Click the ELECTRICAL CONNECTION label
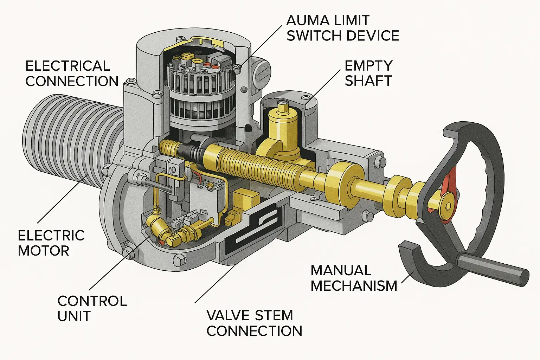click(x=72, y=73)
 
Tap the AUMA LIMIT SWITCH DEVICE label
click(x=342, y=28)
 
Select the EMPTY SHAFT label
click(x=368, y=73)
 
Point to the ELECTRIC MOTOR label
click(x=51, y=243)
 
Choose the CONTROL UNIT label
click(x=92, y=308)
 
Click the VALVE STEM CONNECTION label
click(x=254, y=323)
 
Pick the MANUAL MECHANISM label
click(x=353, y=278)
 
